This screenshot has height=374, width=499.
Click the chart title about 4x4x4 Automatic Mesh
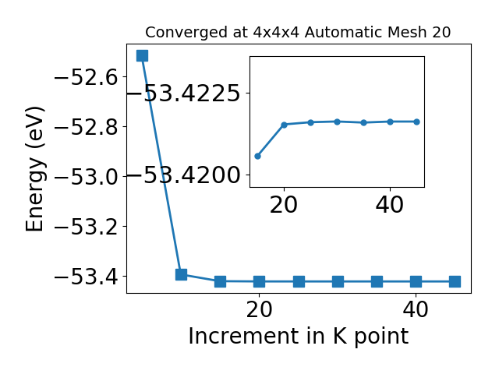coord(298,33)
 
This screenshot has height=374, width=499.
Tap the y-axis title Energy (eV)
coord(34,169)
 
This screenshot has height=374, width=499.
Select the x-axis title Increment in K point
coord(298,337)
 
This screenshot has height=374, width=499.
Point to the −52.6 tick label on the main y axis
coord(87,77)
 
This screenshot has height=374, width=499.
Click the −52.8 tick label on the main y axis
coord(87,127)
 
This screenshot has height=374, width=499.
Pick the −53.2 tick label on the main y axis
coord(87,227)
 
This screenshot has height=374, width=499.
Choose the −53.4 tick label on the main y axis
coord(87,277)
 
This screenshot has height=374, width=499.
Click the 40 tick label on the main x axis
coord(416,309)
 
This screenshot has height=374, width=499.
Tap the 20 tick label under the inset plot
coord(284,205)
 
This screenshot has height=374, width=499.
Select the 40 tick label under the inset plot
coord(390,205)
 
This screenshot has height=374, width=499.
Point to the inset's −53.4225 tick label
coord(184,93)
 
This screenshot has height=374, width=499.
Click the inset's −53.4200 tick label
coord(184,175)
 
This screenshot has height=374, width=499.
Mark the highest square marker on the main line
coord(142,55)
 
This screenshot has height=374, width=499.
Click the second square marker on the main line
coord(182,274)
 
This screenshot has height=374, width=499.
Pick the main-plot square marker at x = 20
coord(260,281)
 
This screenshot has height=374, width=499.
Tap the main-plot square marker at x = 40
coord(416,281)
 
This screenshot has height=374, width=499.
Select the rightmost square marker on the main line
coord(455,281)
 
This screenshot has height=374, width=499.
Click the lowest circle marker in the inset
coord(258,156)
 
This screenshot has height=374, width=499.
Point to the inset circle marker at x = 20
coord(284,125)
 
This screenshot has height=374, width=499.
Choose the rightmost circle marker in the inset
coord(416,122)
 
